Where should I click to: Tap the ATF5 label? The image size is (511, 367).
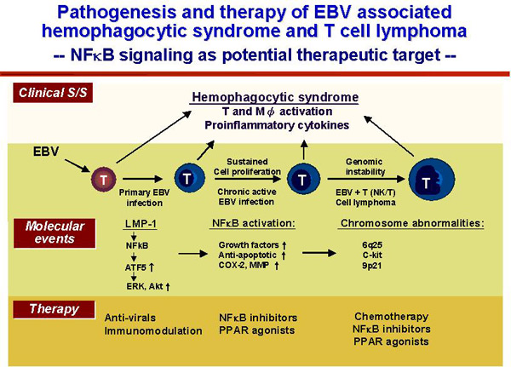click(135, 267)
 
